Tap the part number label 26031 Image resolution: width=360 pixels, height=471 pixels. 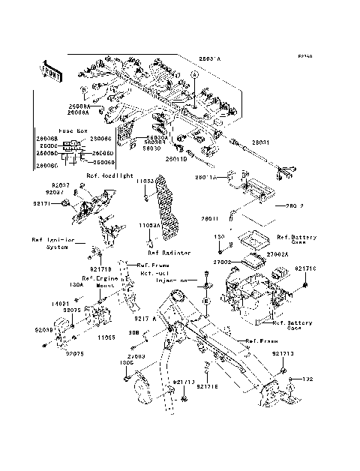click(x=259, y=141)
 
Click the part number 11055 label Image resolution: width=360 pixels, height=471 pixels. click(x=106, y=337)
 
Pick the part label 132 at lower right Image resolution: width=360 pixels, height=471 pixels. click(x=306, y=379)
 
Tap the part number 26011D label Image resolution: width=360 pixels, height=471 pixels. click(x=176, y=158)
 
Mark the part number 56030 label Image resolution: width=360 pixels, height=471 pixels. click(x=152, y=148)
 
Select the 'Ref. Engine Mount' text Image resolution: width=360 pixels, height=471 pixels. click(x=97, y=282)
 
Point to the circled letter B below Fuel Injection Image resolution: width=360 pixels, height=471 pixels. click(x=205, y=300)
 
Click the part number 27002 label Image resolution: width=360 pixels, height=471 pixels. click(x=225, y=263)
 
